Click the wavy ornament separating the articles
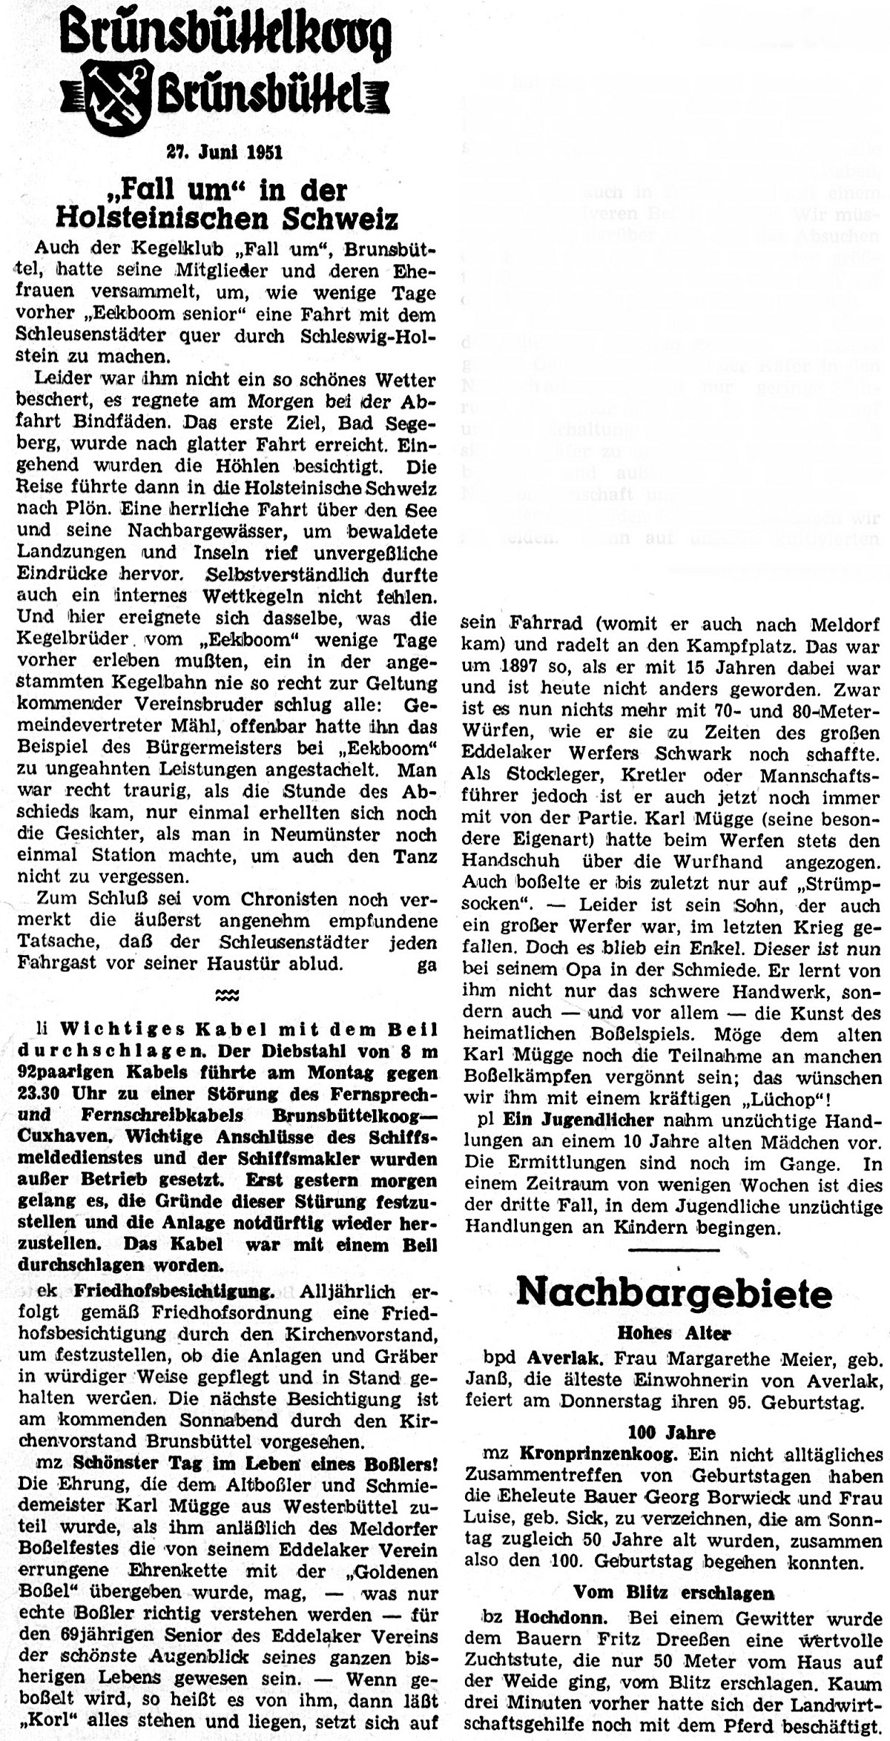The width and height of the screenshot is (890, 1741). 227,994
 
